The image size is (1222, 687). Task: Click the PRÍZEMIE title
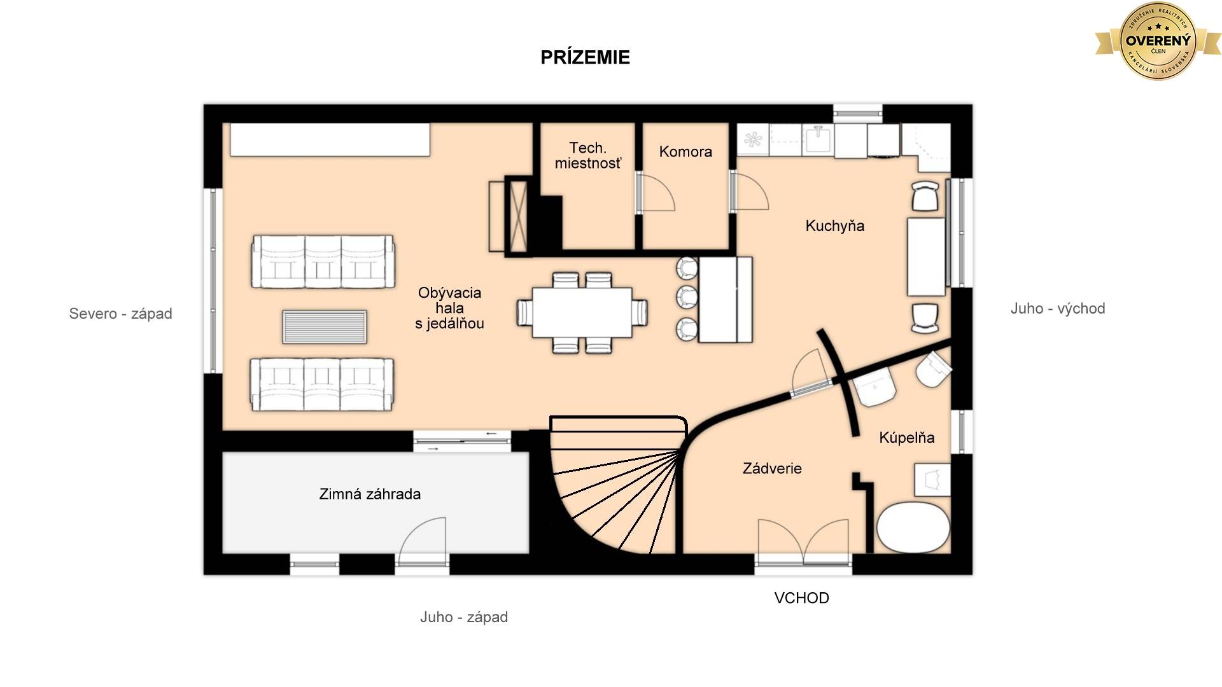585,57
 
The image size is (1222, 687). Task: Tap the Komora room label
685,151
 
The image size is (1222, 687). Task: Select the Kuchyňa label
834,226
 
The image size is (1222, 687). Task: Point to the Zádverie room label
772,469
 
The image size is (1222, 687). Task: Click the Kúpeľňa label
906,438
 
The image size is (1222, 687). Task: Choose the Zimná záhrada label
370,494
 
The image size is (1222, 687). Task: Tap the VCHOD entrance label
801,598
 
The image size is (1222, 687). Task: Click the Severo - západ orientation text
120,314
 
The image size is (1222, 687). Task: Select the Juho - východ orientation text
1058,309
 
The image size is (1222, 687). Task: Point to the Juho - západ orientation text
464,617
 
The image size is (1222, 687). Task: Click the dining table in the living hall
582,312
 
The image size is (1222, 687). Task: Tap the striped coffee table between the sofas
325,327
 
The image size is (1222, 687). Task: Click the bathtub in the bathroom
913,527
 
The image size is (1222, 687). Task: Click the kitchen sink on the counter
817,139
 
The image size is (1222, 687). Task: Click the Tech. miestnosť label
587,156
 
